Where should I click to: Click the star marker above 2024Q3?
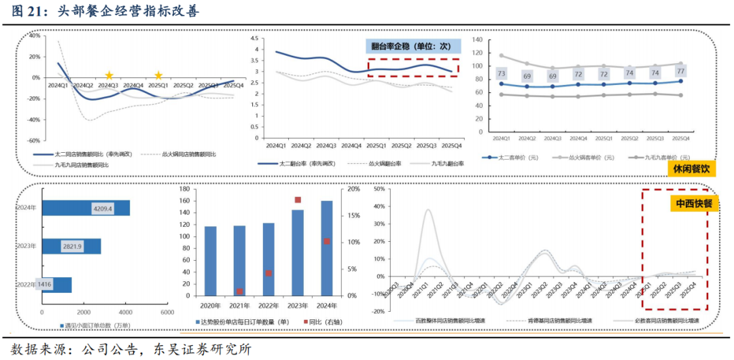(109, 75)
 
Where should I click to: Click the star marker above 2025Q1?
(158, 75)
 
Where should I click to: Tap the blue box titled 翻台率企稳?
(412, 46)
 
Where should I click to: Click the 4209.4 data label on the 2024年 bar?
(103, 208)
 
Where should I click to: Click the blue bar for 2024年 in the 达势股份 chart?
(326, 248)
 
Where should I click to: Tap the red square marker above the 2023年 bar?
(298, 200)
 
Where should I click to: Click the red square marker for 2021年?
(239, 291)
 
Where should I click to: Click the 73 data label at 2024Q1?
(501, 73)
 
